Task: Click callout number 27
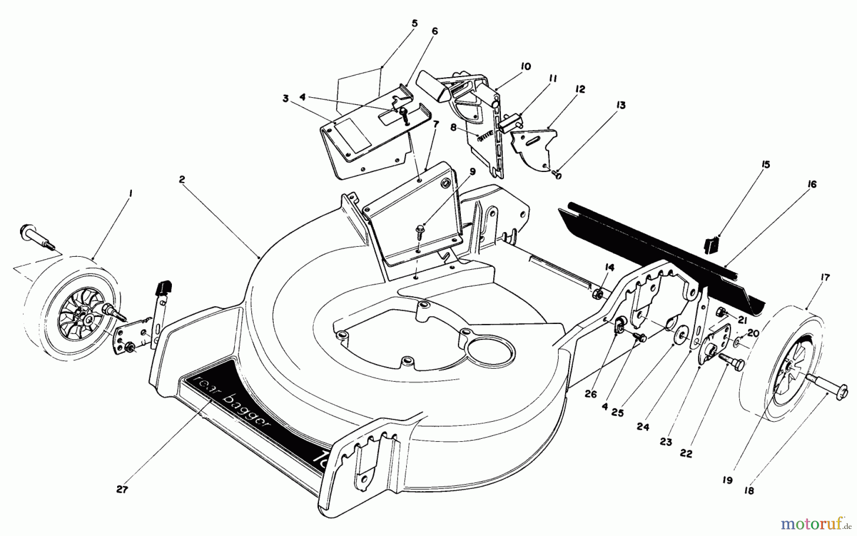click(122, 489)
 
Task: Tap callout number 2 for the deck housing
click(182, 179)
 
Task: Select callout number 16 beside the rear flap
click(812, 184)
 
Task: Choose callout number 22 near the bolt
click(686, 454)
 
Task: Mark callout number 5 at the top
click(414, 23)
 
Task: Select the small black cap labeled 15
click(710, 246)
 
